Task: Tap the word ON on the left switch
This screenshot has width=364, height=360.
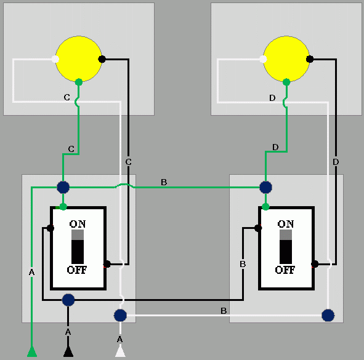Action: pos(78,223)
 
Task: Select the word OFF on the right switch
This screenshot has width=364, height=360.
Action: pos(285,270)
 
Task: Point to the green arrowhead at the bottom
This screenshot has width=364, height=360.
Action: pos(31,351)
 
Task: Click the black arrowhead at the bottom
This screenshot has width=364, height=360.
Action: pos(68,351)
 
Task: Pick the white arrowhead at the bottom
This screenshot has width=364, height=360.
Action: pos(120,351)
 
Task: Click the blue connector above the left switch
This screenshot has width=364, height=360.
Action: pos(63,187)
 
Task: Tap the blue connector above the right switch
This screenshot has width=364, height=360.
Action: pos(265,186)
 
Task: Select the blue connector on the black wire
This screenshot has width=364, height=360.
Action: pos(68,300)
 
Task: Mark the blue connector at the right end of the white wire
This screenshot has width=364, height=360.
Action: pos(328,315)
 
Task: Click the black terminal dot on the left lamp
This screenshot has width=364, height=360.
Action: pos(102,59)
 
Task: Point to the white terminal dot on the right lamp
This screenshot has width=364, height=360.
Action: pos(263,59)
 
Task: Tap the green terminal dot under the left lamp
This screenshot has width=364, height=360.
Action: pos(78,82)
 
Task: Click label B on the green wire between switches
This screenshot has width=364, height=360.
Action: pos(163,182)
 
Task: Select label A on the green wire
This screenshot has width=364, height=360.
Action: pos(31,271)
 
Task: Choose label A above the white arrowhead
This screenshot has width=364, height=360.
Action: pos(120,339)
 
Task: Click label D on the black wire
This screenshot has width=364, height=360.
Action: pos(336,162)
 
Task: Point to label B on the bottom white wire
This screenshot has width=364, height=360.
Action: pos(224,311)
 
